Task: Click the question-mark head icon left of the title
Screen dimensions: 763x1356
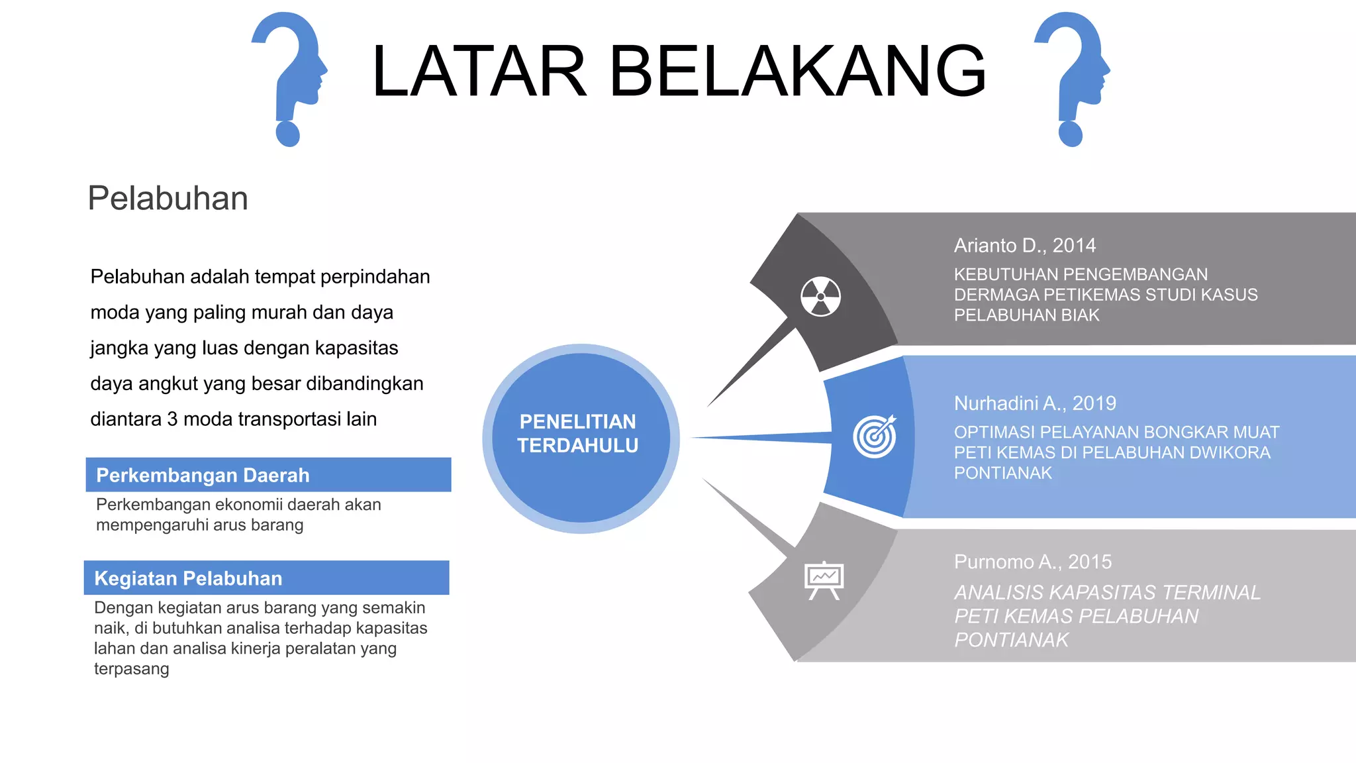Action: click(x=289, y=76)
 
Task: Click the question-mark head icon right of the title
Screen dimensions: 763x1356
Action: click(x=1072, y=76)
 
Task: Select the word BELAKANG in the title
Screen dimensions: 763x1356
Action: click(x=797, y=71)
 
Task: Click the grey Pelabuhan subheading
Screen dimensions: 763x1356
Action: click(x=168, y=198)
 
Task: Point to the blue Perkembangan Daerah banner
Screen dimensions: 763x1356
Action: click(x=268, y=475)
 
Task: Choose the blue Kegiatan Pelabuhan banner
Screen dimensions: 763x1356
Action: click(x=266, y=578)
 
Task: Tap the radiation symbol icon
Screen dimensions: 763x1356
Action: click(x=820, y=296)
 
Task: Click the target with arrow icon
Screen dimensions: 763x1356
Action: click(x=875, y=436)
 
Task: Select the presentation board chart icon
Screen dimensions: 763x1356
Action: click(x=824, y=580)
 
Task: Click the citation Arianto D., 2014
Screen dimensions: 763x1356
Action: click(x=1024, y=246)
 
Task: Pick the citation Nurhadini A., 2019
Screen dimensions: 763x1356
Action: click(x=1034, y=403)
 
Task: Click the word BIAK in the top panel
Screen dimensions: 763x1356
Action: click(x=1080, y=315)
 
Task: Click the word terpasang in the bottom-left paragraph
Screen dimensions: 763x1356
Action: click(x=132, y=669)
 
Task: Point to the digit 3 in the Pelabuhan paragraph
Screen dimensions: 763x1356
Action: click(x=172, y=419)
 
